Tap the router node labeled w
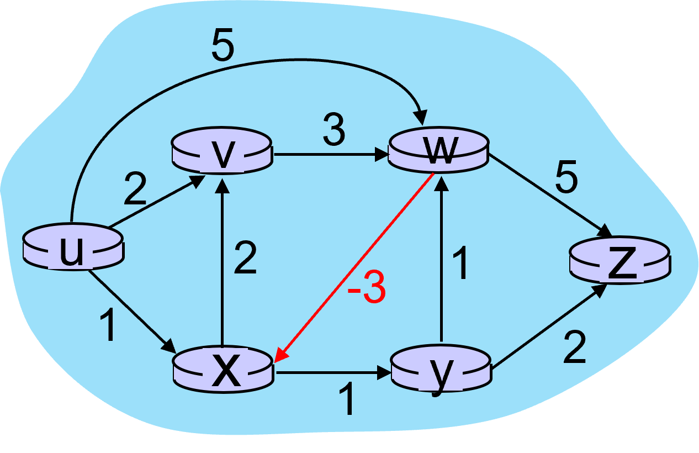[438, 150]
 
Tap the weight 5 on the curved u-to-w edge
[223, 49]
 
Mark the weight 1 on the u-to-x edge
[109, 326]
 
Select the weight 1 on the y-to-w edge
[460, 264]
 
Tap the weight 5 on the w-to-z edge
[566, 179]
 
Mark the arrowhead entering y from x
[384, 373]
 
